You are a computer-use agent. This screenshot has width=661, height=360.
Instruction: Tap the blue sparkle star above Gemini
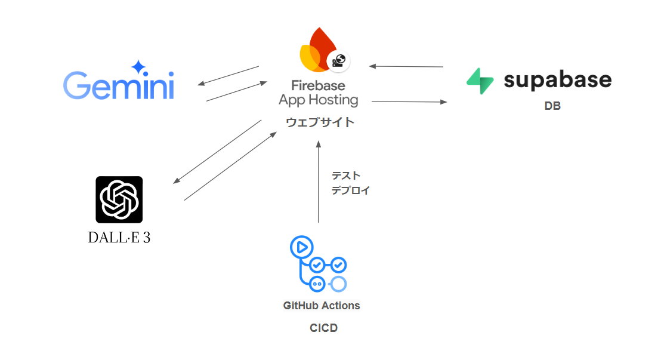[138, 66]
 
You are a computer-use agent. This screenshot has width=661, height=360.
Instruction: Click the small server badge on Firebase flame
[338, 60]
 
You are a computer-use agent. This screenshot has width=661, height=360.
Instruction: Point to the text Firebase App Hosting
[319, 93]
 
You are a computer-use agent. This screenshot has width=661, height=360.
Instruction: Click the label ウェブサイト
[320, 122]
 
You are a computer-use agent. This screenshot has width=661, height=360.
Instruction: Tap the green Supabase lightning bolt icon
[480, 81]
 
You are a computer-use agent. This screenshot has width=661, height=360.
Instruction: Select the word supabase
[557, 80]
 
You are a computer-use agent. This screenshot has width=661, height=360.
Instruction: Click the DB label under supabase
[552, 107]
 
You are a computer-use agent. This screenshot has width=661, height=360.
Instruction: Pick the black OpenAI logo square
[119, 199]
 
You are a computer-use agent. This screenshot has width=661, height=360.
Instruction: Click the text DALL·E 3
[119, 237]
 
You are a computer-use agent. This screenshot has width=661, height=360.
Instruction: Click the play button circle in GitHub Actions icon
[301, 247]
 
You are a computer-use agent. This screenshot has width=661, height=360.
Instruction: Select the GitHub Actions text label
[322, 306]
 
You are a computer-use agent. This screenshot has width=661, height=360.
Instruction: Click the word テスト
[346, 176]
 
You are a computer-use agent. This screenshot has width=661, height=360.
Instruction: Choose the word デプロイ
[351, 190]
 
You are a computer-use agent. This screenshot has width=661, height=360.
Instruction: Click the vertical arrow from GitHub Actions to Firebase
[319, 182]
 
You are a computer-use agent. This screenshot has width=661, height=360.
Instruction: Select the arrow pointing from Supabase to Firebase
[406, 66]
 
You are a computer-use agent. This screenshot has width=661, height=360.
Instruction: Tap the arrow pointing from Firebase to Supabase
[409, 102]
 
